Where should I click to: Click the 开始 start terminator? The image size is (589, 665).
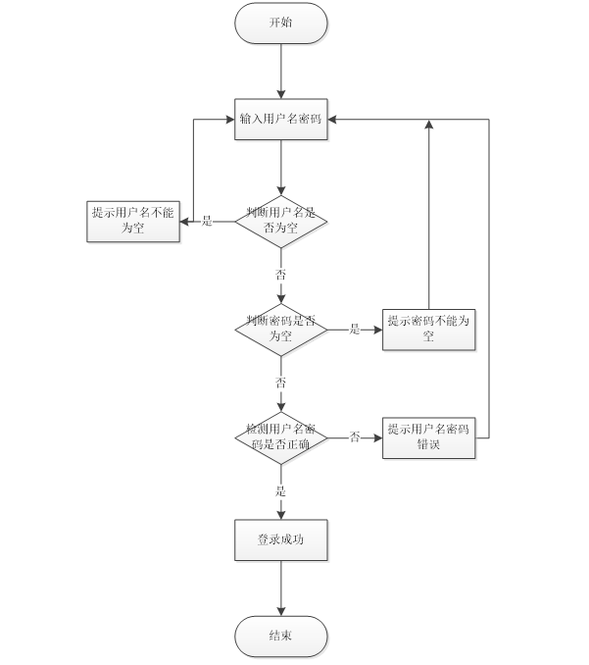coord(281,23)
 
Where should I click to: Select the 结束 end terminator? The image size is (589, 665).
coord(281,637)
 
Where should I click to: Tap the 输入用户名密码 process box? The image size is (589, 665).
coord(281,120)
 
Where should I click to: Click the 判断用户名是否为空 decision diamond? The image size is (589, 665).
coord(281,222)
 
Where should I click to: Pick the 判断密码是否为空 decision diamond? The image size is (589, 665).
coord(281,330)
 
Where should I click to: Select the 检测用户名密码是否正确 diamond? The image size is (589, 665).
coord(281,437)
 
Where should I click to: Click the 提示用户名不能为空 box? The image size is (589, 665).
coord(133,222)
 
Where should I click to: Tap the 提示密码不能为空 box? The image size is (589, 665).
coord(429,330)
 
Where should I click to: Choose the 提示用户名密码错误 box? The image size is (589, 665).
coord(429,437)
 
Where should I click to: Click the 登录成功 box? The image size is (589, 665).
coord(281,539)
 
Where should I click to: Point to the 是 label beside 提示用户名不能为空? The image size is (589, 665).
coord(207,221)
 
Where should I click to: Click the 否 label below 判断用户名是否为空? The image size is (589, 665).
coord(280,275)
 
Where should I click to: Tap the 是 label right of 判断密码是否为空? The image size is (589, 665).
coord(355,330)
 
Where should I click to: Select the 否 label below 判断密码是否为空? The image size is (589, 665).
coord(280,383)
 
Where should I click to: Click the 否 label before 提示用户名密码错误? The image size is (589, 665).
coord(355,436)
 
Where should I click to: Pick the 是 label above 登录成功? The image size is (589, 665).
coord(280,491)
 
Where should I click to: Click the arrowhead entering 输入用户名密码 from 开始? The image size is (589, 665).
coord(281,94)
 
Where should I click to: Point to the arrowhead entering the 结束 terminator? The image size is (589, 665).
coord(281,611)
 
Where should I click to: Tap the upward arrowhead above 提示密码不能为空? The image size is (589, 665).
coord(429,125)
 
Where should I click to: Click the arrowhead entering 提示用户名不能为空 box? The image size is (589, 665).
coord(184,222)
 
